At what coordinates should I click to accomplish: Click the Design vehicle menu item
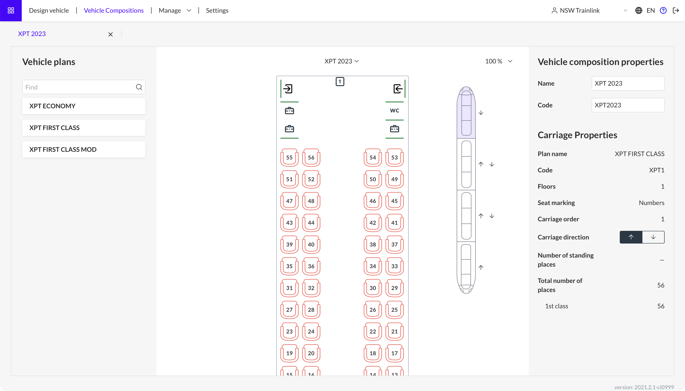click(x=49, y=10)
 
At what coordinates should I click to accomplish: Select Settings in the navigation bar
click(x=217, y=10)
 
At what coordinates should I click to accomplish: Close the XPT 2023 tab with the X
click(x=110, y=34)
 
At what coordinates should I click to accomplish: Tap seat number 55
click(x=289, y=157)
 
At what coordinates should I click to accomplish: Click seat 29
click(x=394, y=288)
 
